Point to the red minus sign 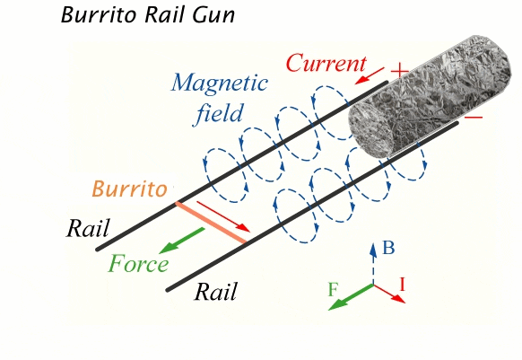(474, 117)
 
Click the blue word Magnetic (220, 83)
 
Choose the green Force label (138, 264)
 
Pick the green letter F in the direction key (333, 289)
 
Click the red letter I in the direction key (402, 285)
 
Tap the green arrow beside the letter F (351, 296)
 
